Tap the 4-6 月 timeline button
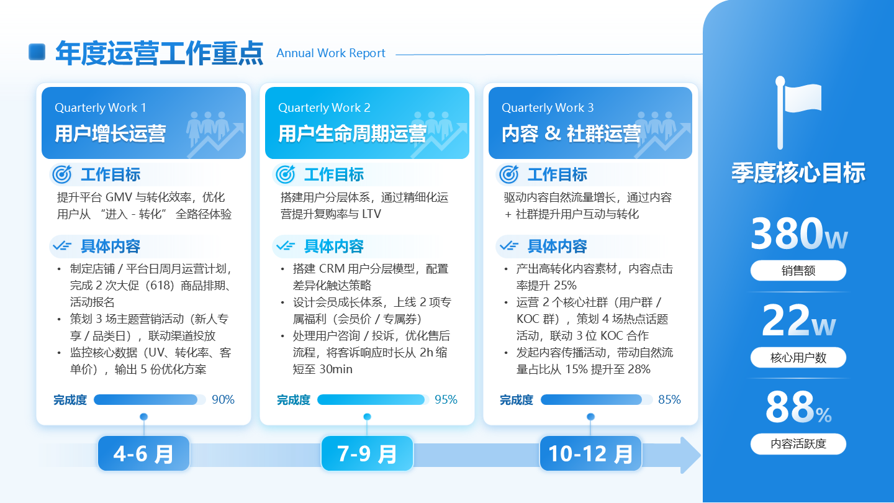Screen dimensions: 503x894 point(143,453)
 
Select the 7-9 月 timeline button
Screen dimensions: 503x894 point(367,453)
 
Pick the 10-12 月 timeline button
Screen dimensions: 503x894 point(590,453)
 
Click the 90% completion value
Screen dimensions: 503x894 point(223,400)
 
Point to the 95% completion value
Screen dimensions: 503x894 point(446,400)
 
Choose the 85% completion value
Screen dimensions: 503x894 point(669,400)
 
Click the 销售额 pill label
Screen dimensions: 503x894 point(798,271)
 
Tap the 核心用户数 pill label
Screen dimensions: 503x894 point(798,358)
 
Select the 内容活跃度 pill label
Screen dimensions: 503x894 point(798,444)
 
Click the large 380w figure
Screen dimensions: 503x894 point(798,234)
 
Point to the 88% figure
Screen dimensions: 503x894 point(798,407)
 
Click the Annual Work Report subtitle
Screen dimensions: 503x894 point(331,53)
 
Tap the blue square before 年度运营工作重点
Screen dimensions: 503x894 point(37,52)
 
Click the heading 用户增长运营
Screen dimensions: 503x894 point(111,134)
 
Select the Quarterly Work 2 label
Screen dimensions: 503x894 point(324,108)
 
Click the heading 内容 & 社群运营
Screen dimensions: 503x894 point(571,134)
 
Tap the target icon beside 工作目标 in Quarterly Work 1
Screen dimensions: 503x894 point(62,174)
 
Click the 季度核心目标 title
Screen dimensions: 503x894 point(798,173)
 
